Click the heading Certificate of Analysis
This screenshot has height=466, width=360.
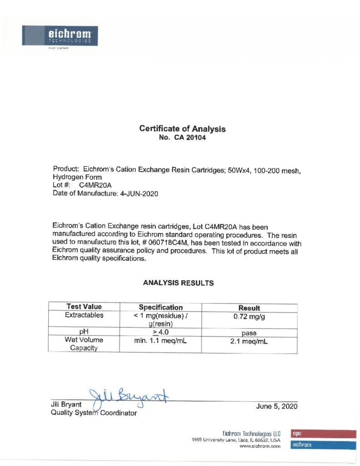tap(182, 129)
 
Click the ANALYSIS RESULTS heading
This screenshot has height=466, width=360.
tap(178, 283)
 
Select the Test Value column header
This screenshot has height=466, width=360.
tap(84, 307)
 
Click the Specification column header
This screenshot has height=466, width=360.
tap(160, 307)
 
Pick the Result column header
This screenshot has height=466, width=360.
tap(249, 308)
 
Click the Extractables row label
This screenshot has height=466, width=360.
tap(84, 315)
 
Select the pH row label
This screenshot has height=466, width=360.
tap(84, 332)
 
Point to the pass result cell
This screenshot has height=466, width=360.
tap(249, 333)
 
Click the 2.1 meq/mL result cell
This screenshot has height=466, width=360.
tap(249, 341)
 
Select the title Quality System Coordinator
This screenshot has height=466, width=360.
tap(94, 413)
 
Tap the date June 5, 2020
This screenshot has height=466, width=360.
tap(277, 406)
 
